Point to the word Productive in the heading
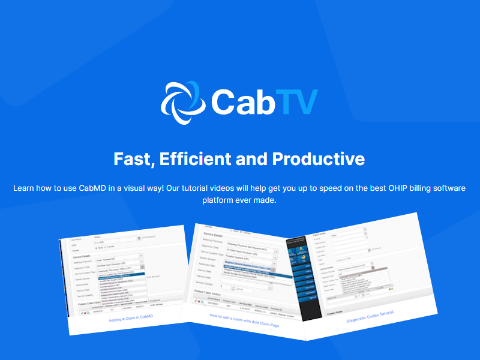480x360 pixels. click(319, 159)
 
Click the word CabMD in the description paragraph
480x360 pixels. click(92, 188)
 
